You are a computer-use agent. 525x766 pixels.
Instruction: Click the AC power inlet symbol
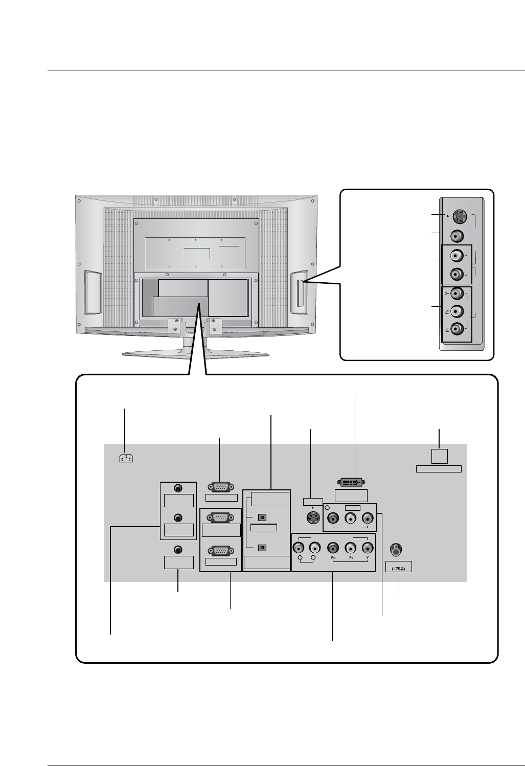point(125,458)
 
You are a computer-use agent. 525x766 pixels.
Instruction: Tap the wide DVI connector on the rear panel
point(350,482)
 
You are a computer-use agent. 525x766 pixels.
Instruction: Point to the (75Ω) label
point(398,567)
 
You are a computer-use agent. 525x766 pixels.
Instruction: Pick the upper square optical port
point(262,517)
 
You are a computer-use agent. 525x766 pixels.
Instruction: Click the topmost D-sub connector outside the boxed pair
point(221,487)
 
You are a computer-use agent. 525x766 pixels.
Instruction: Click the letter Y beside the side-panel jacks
point(446,294)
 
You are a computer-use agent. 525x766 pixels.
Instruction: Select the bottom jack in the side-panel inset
point(458,329)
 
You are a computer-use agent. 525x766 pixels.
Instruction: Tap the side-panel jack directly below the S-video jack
point(458,236)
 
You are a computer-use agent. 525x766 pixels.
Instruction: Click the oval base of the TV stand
point(195,354)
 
